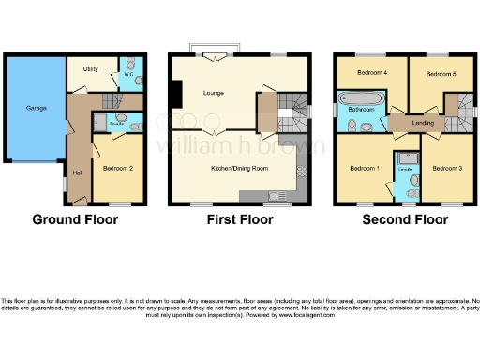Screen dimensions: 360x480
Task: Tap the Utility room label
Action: pyautogui.click(x=91, y=69)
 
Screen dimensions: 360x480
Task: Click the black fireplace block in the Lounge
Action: pyautogui.click(x=174, y=94)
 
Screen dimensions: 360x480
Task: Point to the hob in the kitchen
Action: pyautogui.click(x=301, y=172)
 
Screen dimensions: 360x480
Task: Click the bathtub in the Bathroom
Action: pyautogui.click(x=360, y=98)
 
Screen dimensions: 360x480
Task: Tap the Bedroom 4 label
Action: pyautogui.click(x=371, y=72)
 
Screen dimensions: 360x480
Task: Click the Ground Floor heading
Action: pyautogui.click(x=75, y=219)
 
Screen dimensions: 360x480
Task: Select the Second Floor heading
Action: pyautogui.click(x=405, y=219)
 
